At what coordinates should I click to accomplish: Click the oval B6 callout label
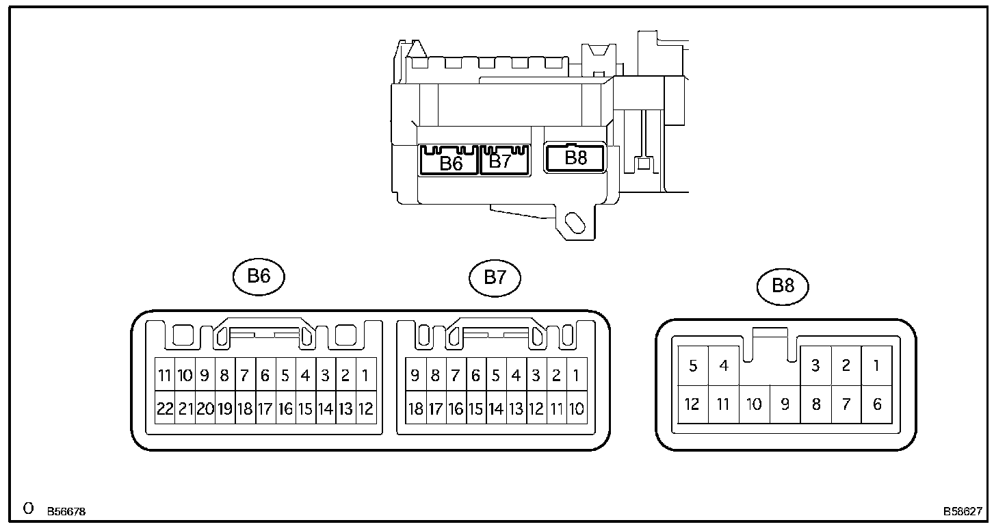coord(258,276)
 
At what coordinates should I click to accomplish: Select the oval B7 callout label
coord(495,276)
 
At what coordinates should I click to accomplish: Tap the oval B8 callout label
coord(783,285)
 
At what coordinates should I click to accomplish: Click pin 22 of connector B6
coord(165,409)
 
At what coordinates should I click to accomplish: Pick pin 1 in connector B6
coord(365,375)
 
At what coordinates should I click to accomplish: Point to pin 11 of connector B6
coord(165,375)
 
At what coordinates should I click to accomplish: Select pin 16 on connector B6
coord(285,409)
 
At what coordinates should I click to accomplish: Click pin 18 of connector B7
coord(415,409)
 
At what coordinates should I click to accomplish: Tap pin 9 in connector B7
coord(415,375)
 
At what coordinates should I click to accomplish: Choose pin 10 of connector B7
coord(576,409)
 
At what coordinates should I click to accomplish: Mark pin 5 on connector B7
coord(496,375)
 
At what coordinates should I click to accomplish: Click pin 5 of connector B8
coord(693,365)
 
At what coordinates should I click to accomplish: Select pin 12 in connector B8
coord(692,404)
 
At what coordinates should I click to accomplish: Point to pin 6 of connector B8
coord(877,404)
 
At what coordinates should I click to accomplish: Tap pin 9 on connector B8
coord(785,404)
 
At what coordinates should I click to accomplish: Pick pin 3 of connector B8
coord(815,365)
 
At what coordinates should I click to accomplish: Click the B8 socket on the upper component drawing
coord(575,158)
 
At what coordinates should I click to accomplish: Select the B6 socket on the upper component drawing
coord(450,161)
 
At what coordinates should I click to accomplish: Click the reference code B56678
coord(66,511)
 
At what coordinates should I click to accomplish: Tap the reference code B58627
coord(963,511)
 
